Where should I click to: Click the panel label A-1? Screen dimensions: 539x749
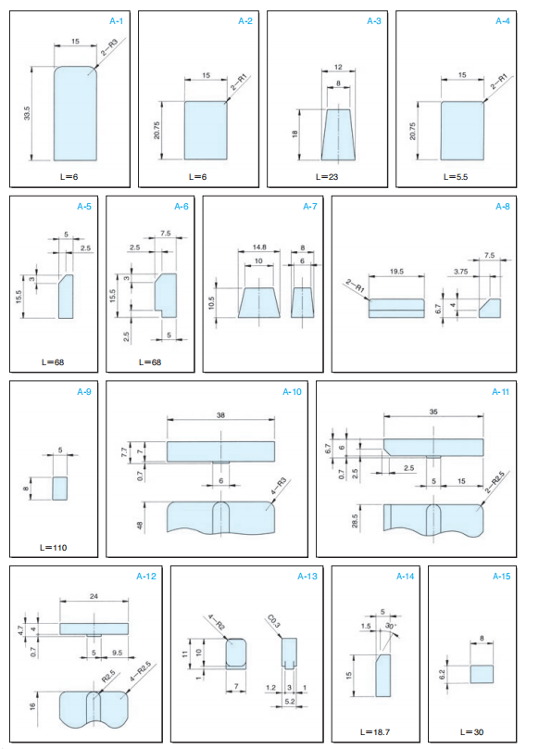(x=117, y=21)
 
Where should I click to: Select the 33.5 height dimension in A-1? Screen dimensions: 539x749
(x=27, y=113)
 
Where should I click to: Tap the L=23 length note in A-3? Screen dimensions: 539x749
(x=327, y=177)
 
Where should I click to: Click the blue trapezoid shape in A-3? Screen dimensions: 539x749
(x=338, y=134)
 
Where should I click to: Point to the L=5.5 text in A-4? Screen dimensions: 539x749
(x=456, y=177)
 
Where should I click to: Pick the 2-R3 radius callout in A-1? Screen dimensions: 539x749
(x=109, y=49)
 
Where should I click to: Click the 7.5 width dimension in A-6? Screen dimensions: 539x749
(x=166, y=234)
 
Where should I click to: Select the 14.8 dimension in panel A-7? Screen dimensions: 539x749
(x=259, y=248)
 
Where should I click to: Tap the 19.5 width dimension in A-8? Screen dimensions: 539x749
(x=396, y=272)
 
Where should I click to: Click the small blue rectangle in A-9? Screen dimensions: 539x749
(x=59, y=489)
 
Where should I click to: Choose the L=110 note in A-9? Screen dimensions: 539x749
(x=53, y=548)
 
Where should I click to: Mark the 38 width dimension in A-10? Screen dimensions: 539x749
(x=220, y=415)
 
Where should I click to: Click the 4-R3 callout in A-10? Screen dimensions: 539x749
(x=279, y=489)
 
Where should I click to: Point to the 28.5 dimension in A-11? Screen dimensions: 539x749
(x=355, y=521)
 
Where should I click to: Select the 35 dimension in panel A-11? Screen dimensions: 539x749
(x=433, y=412)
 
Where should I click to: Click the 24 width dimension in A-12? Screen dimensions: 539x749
(x=94, y=596)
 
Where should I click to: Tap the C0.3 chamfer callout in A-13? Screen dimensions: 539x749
(x=274, y=621)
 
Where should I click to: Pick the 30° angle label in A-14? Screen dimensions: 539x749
(x=390, y=626)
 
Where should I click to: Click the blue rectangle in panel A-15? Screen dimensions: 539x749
(x=482, y=674)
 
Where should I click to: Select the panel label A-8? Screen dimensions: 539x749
(x=503, y=207)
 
